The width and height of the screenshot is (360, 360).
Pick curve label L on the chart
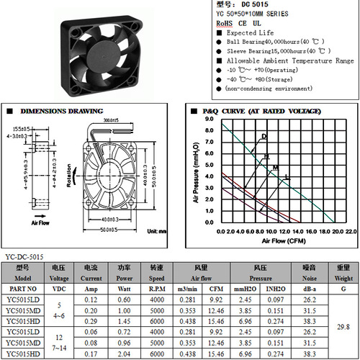(x=287, y=176)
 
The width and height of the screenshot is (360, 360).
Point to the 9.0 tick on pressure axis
(x=209, y=119)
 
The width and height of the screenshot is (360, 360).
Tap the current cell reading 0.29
(x=91, y=320)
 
